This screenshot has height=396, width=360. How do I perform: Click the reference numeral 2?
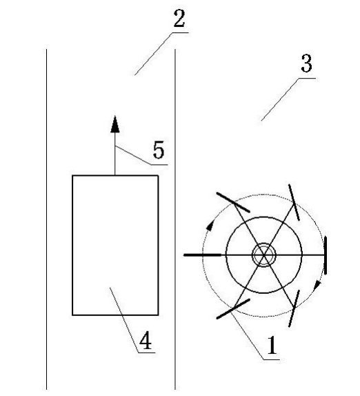tap(179, 18)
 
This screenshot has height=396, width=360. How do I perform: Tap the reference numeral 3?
tap(307, 63)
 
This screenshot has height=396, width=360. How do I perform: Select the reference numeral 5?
tap(159, 150)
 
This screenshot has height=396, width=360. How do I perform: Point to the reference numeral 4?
tap(146, 340)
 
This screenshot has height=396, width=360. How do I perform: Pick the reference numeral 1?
tap(272, 345)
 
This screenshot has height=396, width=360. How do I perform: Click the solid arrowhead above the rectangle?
tap(115, 124)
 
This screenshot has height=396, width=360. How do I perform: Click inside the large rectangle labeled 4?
tap(115, 245)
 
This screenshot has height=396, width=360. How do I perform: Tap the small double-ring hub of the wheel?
tap(264, 255)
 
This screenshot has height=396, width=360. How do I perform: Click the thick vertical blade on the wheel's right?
tap(326, 255)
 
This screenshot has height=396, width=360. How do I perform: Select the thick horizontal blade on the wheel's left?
tap(203, 255)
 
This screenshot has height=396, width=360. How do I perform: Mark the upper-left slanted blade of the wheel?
tap(233, 202)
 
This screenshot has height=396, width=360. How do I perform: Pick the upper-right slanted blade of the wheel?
tap(294, 202)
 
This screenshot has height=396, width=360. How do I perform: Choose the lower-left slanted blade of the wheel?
tap(233, 309)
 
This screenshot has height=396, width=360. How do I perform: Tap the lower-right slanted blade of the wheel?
tap(294, 308)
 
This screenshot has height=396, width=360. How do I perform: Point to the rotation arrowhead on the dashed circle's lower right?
tap(317, 286)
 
